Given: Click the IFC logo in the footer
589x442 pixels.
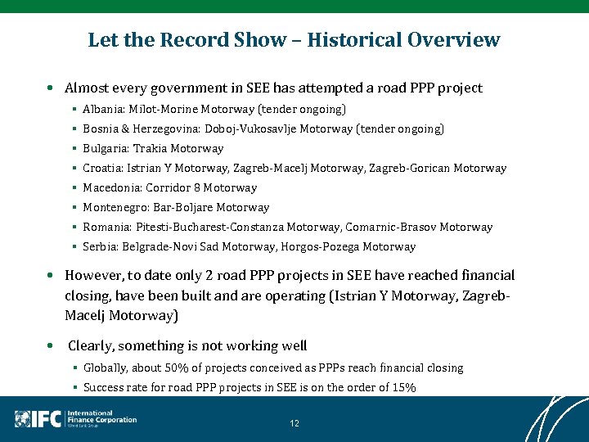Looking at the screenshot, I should click(x=38, y=418).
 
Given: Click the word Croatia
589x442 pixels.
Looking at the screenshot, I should click(x=102, y=168).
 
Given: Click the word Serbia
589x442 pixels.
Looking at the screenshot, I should click(x=99, y=246).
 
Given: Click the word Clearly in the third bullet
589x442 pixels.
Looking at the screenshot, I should click(x=92, y=345).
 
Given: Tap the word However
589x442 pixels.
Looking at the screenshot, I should click(x=94, y=275).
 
